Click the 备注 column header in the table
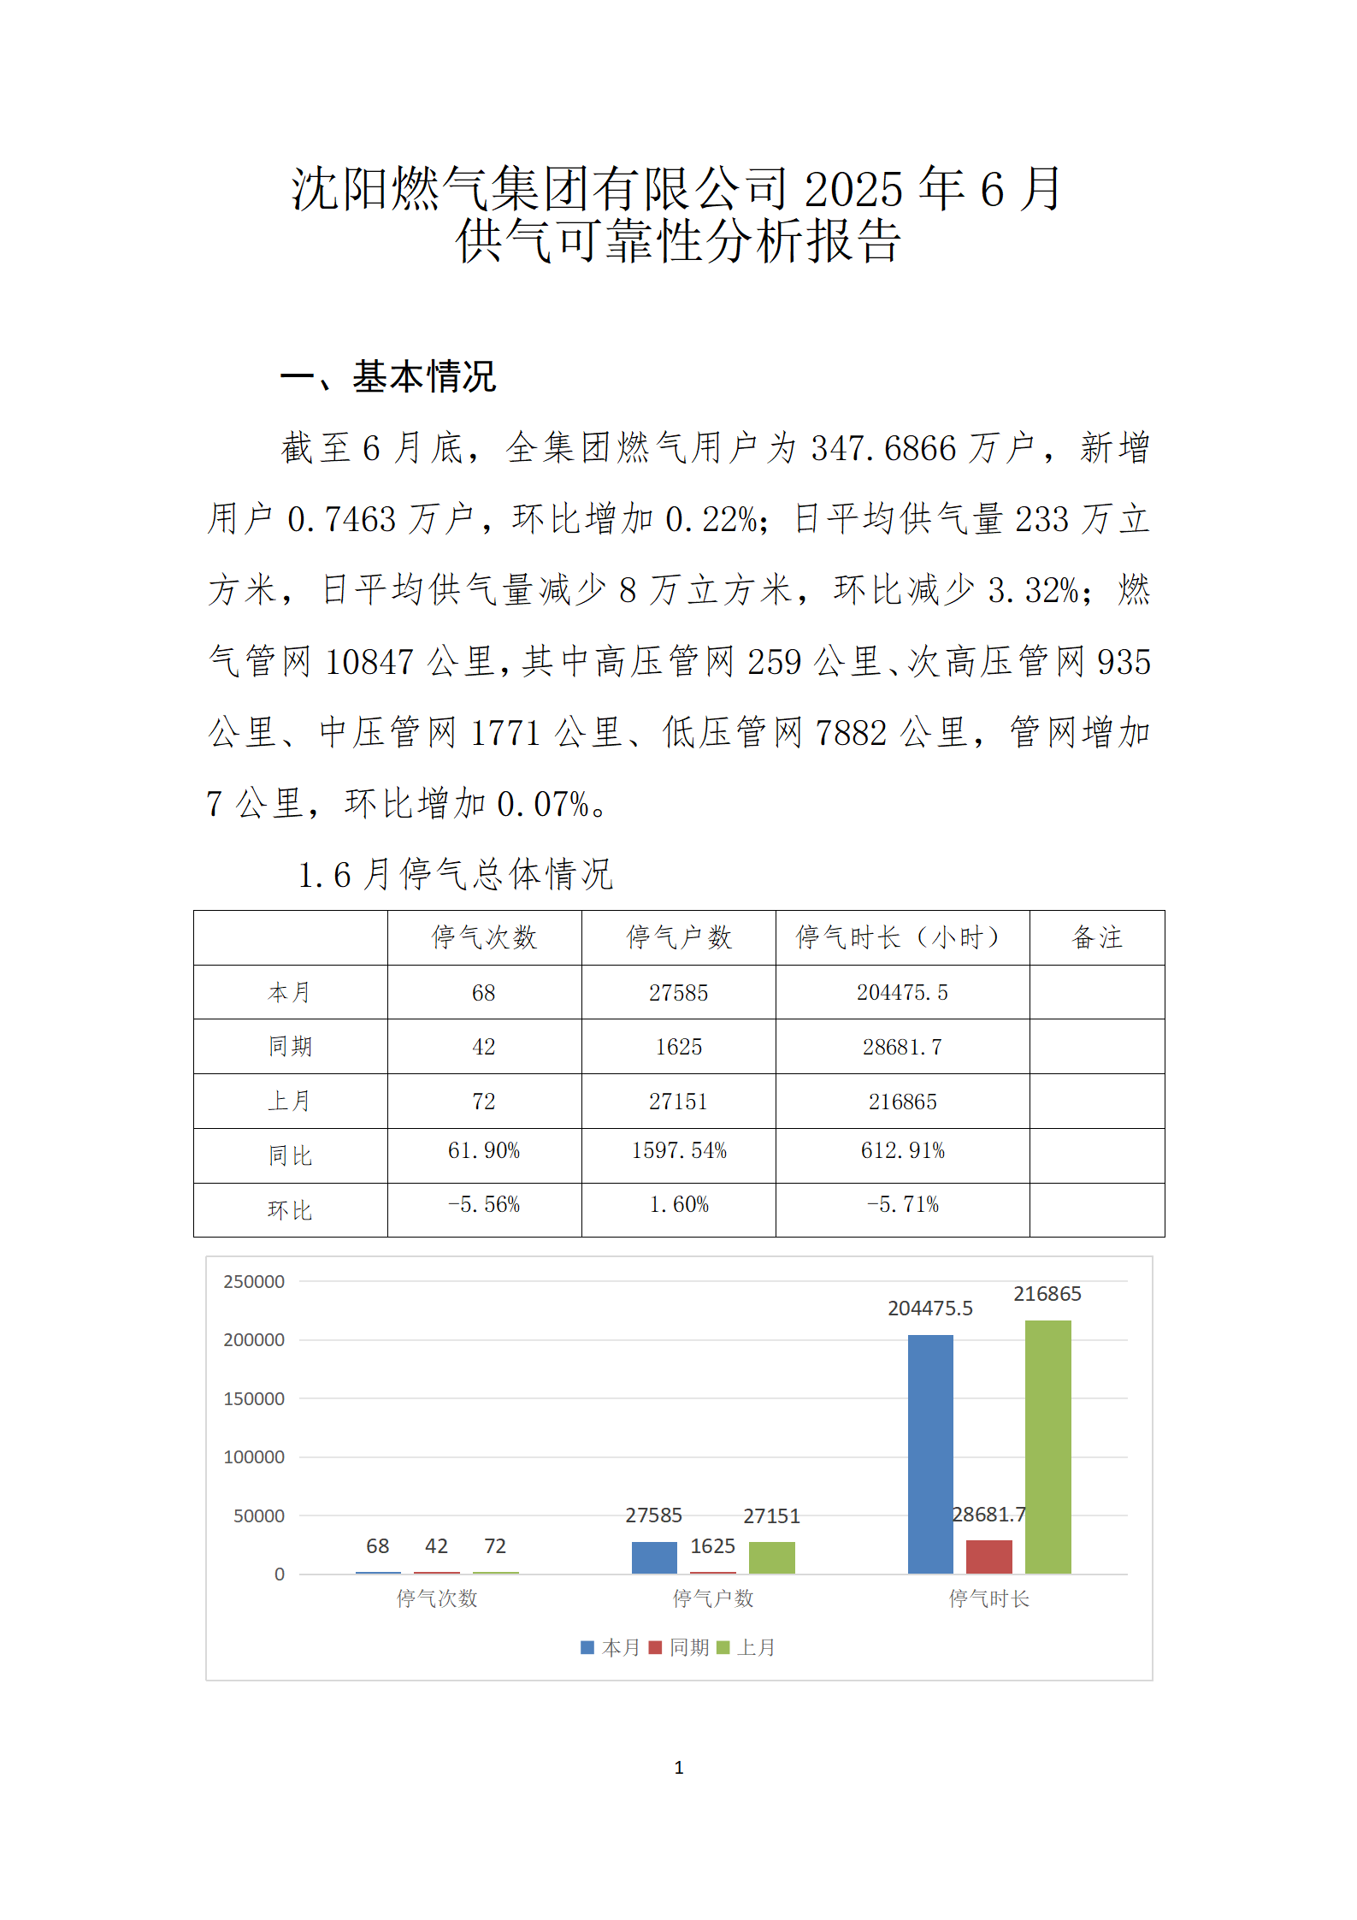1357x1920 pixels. click(1096, 937)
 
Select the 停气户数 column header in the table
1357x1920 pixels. click(678, 937)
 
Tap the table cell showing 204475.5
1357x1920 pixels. click(902, 992)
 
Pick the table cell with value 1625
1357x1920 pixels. click(678, 1047)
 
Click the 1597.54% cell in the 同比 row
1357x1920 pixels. click(678, 1151)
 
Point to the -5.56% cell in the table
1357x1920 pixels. click(484, 1205)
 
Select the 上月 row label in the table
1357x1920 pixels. click(290, 1101)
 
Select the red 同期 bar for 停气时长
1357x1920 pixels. click(988, 1557)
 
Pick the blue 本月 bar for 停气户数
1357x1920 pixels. click(654, 1557)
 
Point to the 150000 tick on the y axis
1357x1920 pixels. click(254, 1398)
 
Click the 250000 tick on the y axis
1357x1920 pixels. click(254, 1281)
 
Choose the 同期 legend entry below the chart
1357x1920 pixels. click(680, 1647)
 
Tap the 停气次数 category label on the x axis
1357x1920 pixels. click(437, 1598)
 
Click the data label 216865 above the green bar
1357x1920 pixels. click(1047, 1294)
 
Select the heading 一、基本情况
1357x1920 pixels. click(388, 376)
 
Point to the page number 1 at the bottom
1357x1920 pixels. click(679, 1768)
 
